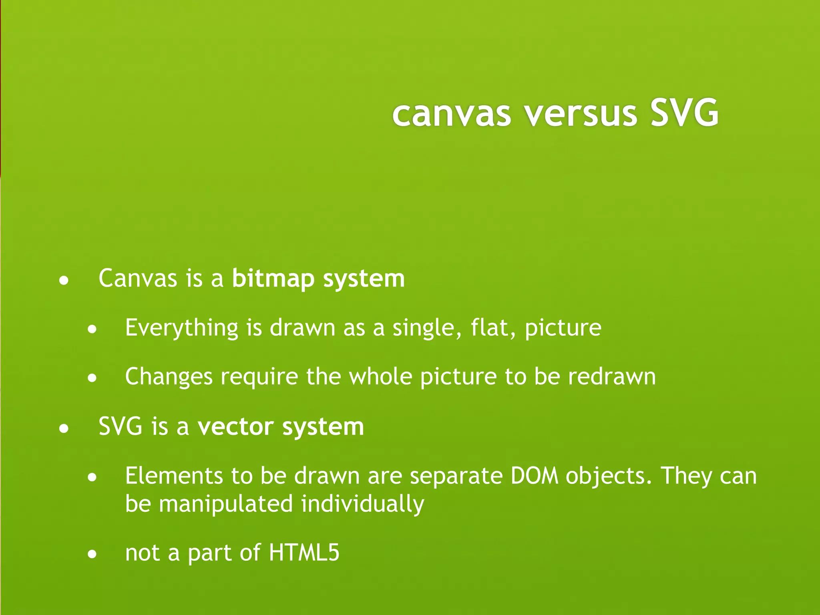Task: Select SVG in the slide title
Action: (684, 114)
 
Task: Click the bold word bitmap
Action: (273, 279)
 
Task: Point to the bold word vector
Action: (235, 427)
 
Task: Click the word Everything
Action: (182, 328)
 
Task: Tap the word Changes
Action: (169, 377)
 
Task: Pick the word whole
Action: (380, 377)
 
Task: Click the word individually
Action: (362, 504)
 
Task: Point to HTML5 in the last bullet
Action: (304, 553)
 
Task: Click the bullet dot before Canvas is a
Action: (64, 281)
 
